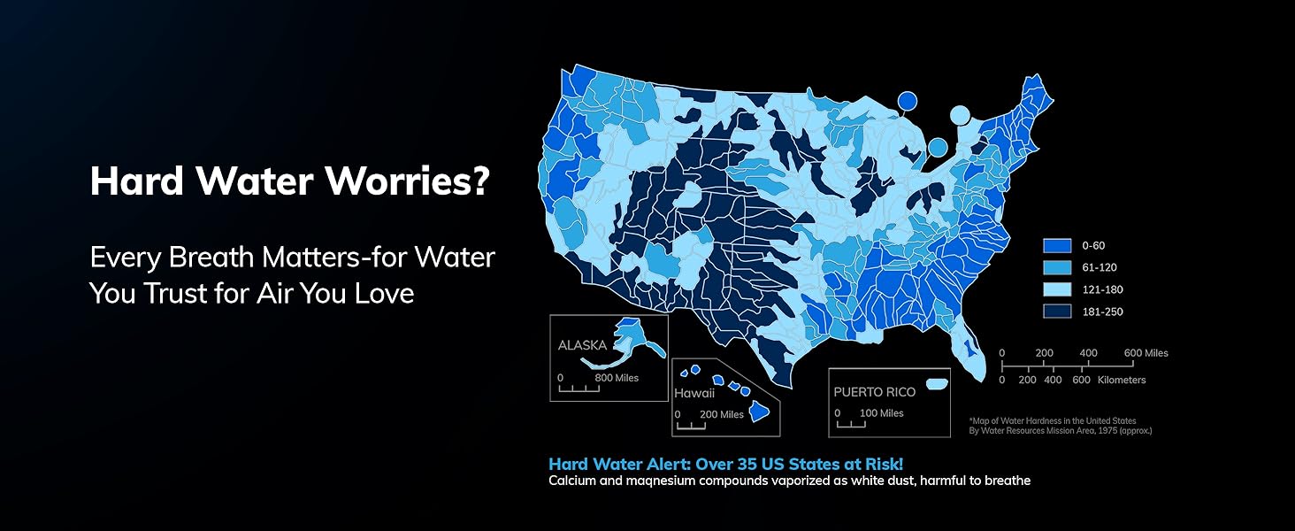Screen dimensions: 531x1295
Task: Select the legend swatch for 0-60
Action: tap(1058, 245)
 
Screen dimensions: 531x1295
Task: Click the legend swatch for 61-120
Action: tap(1058, 267)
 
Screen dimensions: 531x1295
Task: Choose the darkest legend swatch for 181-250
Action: tap(1058, 312)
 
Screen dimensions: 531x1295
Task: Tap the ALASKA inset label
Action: tap(582, 346)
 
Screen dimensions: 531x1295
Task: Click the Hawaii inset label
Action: tap(694, 393)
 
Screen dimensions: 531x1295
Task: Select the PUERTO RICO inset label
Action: tap(875, 391)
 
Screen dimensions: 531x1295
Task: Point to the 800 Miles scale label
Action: tap(616, 378)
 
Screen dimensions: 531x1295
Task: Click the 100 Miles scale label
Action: tap(881, 413)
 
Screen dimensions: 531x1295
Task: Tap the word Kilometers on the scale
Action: tap(1122, 380)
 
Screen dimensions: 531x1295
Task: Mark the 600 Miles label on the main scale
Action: tap(1146, 353)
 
